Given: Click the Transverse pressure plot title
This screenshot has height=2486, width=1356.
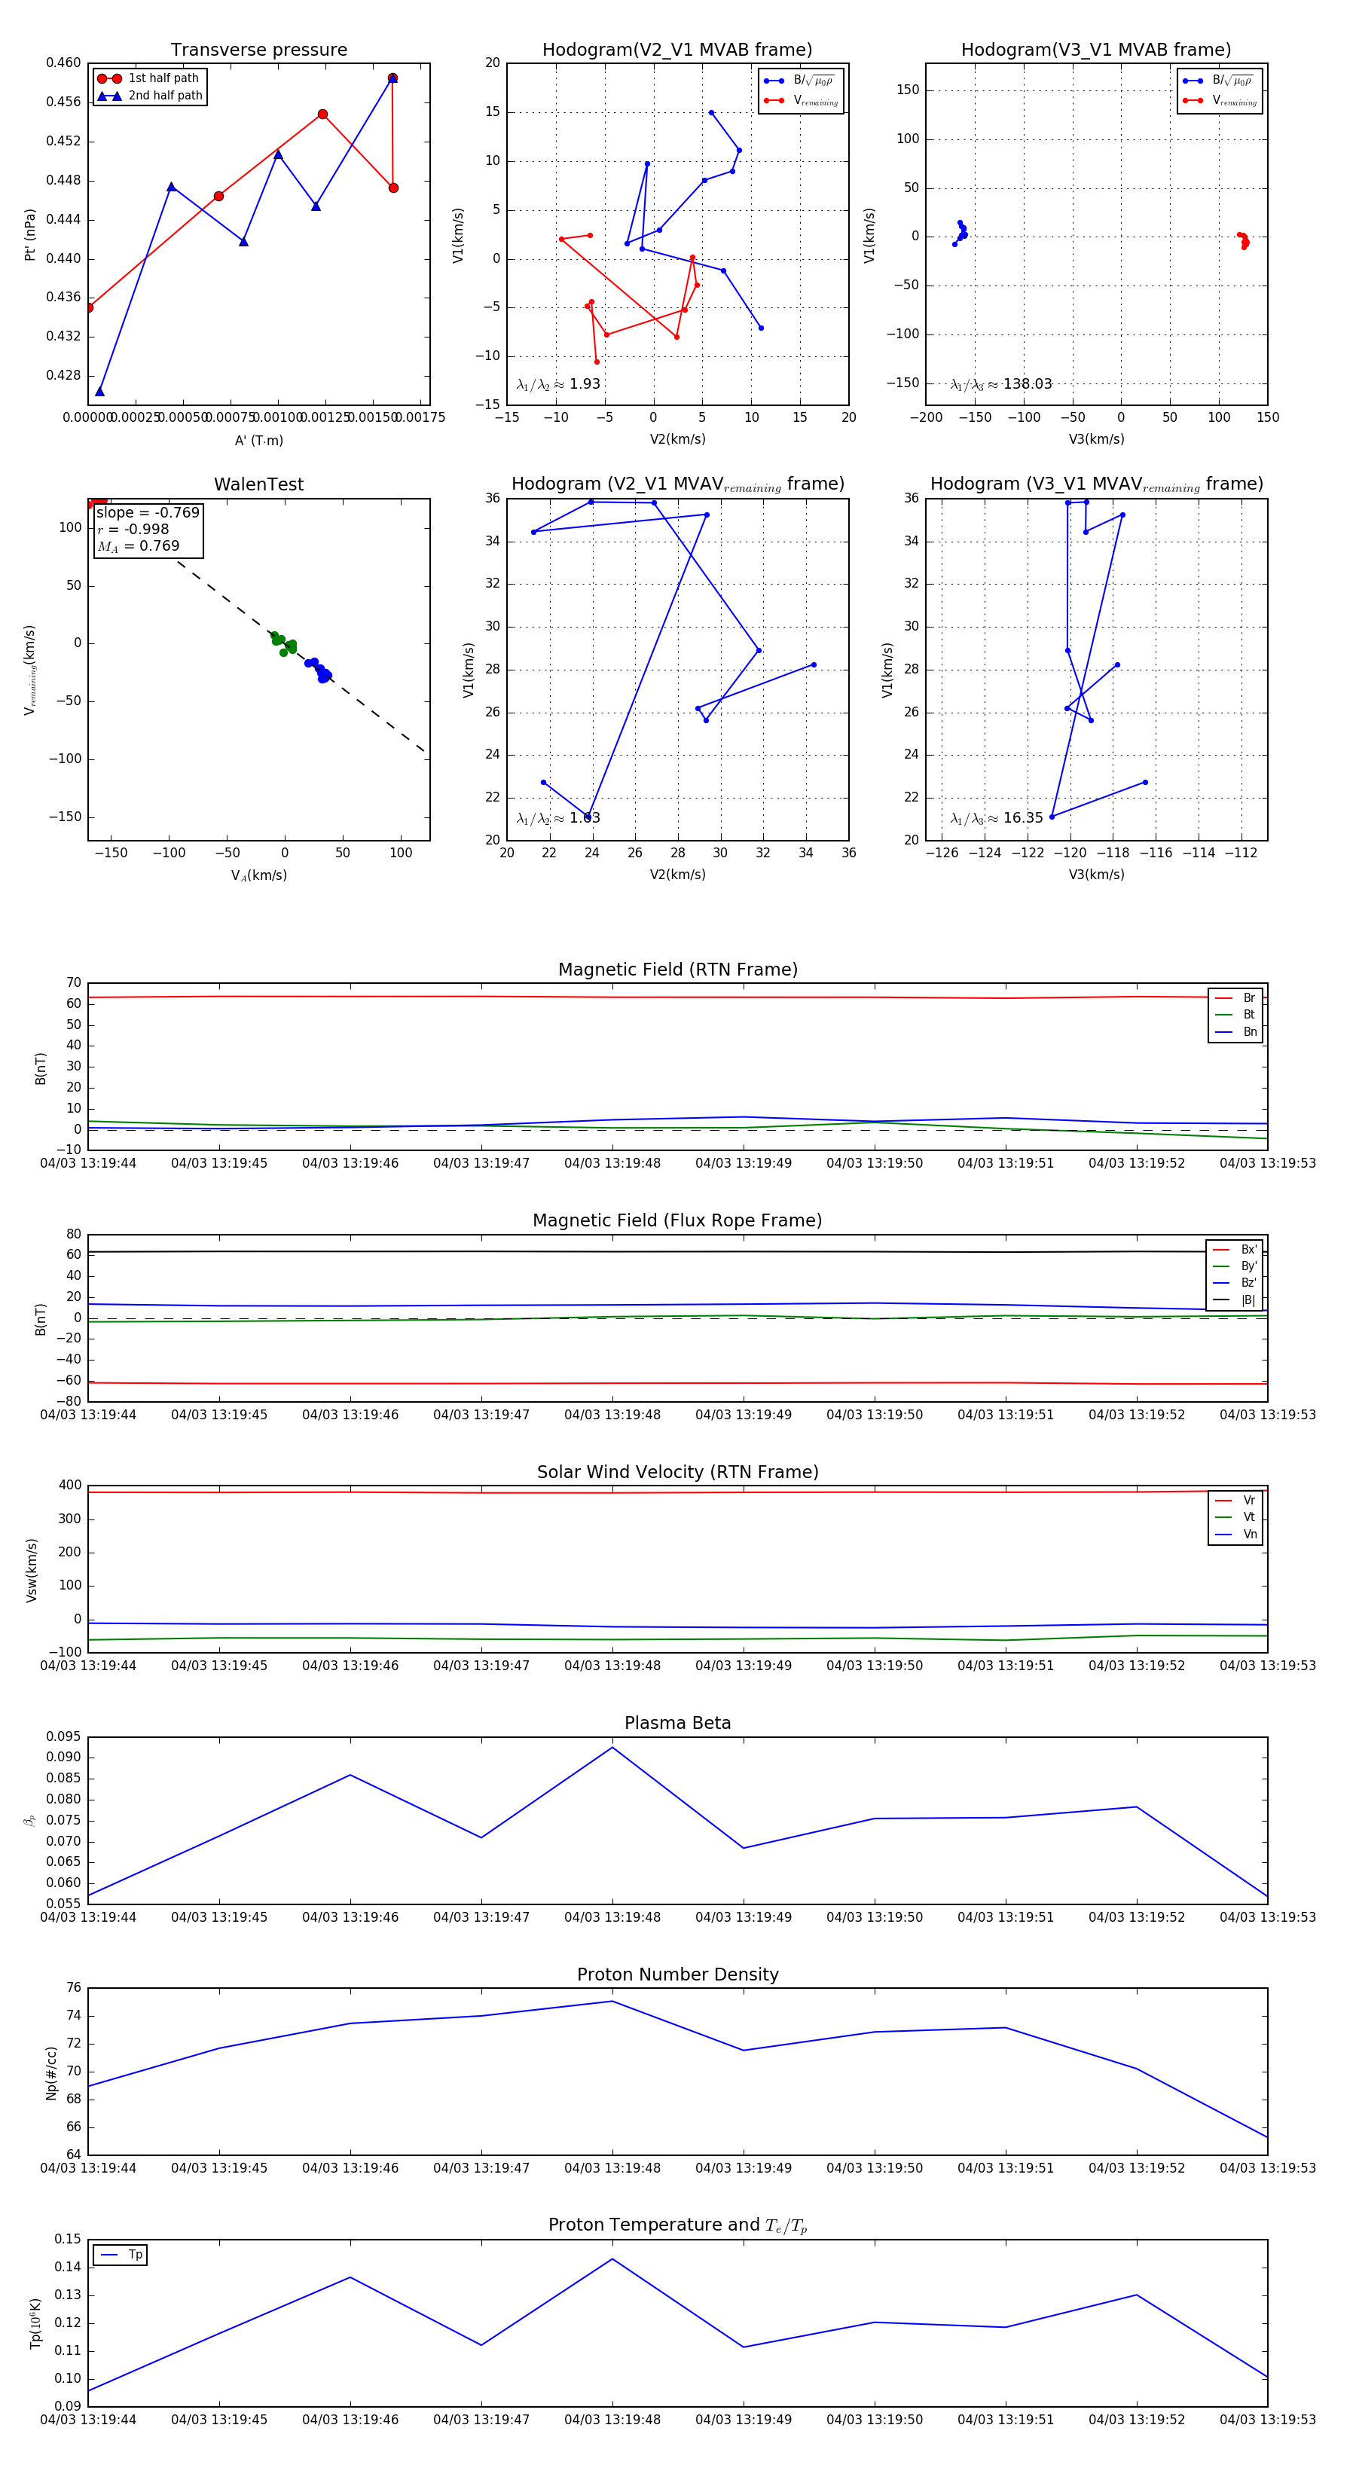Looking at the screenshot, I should tap(258, 50).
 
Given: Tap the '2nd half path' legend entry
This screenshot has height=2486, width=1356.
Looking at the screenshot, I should tap(165, 96).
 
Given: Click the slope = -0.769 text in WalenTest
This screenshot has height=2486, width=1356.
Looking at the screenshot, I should tap(148, 512).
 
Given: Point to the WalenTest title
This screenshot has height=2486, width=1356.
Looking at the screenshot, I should tap(258, 484).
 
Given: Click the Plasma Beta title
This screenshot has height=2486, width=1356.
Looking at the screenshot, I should tap(677, 1723).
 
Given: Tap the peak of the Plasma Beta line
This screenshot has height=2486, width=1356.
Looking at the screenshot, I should tap(612, 1748).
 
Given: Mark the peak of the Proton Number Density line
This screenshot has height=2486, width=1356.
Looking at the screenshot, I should tap(612, 2001).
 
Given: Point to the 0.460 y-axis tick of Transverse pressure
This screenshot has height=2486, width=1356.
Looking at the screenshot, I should tap(64, 63).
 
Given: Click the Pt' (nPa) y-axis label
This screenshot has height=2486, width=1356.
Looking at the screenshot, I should tap(30, 234).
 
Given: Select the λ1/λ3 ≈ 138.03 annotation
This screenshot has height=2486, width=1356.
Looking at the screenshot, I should tap(1001, 384).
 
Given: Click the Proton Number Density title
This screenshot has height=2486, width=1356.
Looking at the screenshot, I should tap(677, 1974).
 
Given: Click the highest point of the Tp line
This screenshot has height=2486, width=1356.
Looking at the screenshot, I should tap(612, 2258).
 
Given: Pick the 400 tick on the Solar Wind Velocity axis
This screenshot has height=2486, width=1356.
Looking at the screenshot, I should tap(69, 1486).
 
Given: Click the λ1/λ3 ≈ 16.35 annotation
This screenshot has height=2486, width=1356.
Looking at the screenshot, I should tap(997, 818).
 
